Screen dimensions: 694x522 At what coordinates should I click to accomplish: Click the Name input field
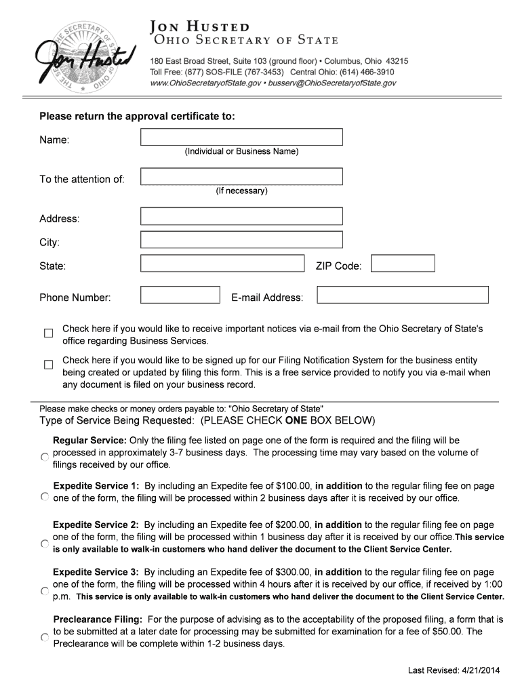(241, 137)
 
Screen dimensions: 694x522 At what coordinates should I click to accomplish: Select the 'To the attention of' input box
(241, 176)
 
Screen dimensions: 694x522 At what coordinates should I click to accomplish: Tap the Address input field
(241, 216)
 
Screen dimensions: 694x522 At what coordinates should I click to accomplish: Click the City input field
(241, 240)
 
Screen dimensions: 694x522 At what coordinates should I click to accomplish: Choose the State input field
(222, 263)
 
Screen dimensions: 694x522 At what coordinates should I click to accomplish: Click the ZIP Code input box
(403, 263)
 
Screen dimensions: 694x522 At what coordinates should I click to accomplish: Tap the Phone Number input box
(180, 295)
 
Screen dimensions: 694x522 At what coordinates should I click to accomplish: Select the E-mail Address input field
(403, 295)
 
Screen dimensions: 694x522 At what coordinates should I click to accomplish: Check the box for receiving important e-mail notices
(48, 333)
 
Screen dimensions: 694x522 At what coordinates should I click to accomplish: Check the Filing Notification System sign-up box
(48, 365)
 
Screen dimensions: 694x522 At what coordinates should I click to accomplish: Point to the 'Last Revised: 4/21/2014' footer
(454, 670)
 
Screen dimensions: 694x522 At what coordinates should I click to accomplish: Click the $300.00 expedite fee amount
(293, 572)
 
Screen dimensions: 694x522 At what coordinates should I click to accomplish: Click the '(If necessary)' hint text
(241, 191)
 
